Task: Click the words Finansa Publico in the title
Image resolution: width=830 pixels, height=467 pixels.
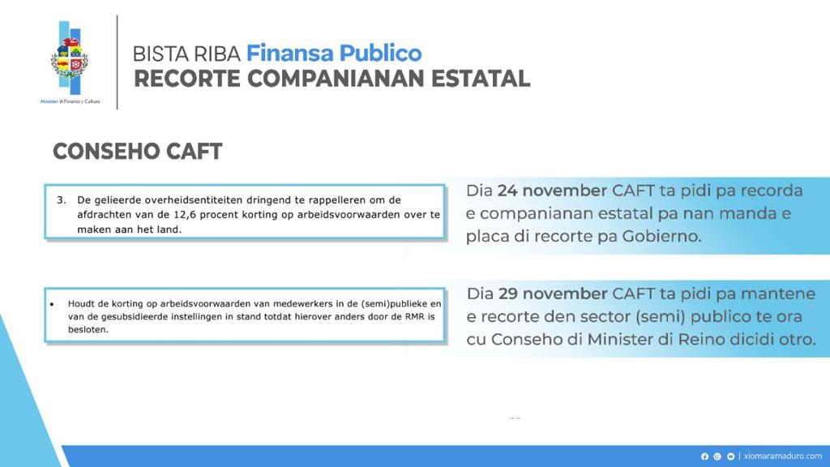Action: pyautogui.click(x=334, y=54)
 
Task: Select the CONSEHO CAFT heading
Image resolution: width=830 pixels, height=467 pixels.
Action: pyautogui.click(x=137, y=152)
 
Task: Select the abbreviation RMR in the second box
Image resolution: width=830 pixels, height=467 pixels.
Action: pyautogui.click(x=417, y=315)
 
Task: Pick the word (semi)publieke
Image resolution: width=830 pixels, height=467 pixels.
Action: pyautogui.click(x=396, y=302)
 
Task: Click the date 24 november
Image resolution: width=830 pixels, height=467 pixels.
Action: pyautogui.click(x=552, y=191)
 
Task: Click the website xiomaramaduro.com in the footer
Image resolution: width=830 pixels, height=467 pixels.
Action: pyautogui.click(x=783, y=456)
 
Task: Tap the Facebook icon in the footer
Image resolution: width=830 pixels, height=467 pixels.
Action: pyautogui.click(x=704, y=456)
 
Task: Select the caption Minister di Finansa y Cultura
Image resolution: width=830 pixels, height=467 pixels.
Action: pyautogui.click(x=70, y=101)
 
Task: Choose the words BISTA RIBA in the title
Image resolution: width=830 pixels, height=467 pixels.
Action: pyautogui.click(x=186, y=54)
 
